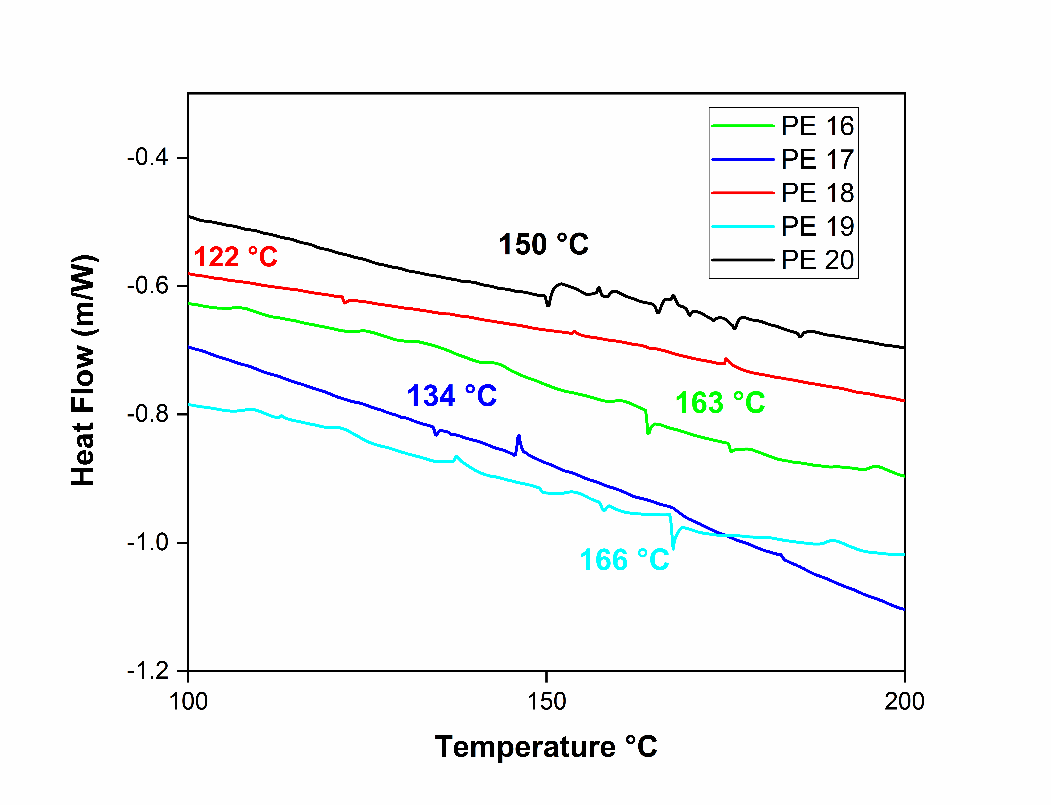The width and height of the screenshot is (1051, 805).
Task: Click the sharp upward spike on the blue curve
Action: [x=519, y=436]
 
